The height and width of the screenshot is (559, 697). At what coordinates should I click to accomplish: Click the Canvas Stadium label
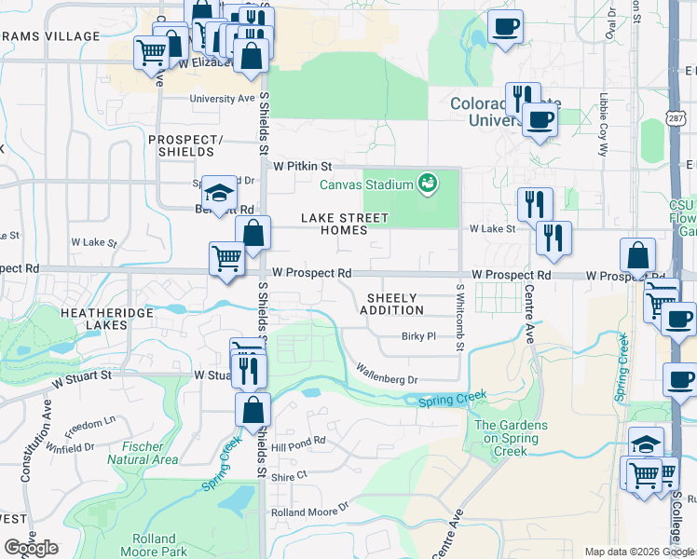(366, 184)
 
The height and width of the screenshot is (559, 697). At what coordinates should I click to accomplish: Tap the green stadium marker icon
(429, 184)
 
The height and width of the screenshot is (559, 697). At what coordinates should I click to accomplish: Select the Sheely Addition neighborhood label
(391, 303)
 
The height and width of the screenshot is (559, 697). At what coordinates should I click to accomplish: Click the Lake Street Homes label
(344, 224)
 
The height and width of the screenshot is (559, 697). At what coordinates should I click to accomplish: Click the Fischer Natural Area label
(143, 453)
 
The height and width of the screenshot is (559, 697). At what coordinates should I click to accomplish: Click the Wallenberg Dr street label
(387, 379)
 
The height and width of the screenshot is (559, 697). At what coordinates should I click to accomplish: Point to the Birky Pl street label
(418, 336)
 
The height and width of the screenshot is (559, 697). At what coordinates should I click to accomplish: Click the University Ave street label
(222, 98)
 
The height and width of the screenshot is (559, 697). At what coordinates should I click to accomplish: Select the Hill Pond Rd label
(298, 442)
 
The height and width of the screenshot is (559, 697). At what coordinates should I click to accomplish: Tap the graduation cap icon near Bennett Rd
(219, 194)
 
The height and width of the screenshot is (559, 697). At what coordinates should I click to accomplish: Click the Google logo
(31, 548)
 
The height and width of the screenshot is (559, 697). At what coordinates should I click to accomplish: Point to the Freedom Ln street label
(90, 425)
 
